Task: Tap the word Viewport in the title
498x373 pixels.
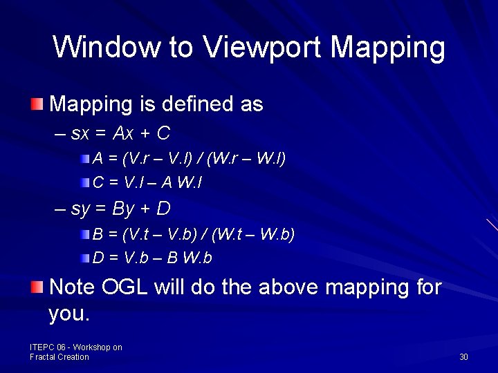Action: tap(264, 48)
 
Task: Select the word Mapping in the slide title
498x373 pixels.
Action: tap(388, 48)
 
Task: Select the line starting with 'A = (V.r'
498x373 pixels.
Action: tap(189, 158)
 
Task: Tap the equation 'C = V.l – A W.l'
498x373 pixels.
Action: tap(147, 183)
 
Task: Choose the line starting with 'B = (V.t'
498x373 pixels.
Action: tap(194, 234)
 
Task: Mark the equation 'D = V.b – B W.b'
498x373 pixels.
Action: tap(152, 258)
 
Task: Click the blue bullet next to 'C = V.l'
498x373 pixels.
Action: tap(84, 183)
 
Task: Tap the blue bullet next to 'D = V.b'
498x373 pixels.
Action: tap(84, 258)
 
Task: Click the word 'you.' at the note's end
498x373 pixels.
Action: tap(69, 314)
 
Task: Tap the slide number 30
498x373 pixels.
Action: tap(463, 357)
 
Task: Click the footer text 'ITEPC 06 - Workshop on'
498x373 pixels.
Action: tap(76, 347)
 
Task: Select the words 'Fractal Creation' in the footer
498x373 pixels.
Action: tap(59, 357)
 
